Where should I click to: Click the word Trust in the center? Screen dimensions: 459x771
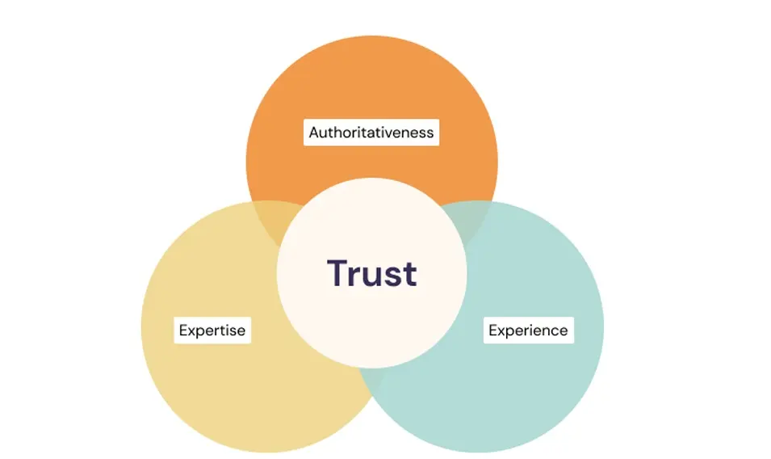[x=371, y=273]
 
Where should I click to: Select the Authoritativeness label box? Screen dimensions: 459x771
[x=371, y=132]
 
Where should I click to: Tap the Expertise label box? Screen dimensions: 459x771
[x=212, y=330]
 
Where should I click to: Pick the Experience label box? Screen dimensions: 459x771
[x=528, y=330]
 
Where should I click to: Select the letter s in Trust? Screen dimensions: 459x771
[x=393, y=277]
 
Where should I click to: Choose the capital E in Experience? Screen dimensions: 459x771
[x=493, y=330]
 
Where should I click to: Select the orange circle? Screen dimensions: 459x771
[x=371, y=89]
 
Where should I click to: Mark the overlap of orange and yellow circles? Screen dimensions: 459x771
[x=270, y=218]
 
